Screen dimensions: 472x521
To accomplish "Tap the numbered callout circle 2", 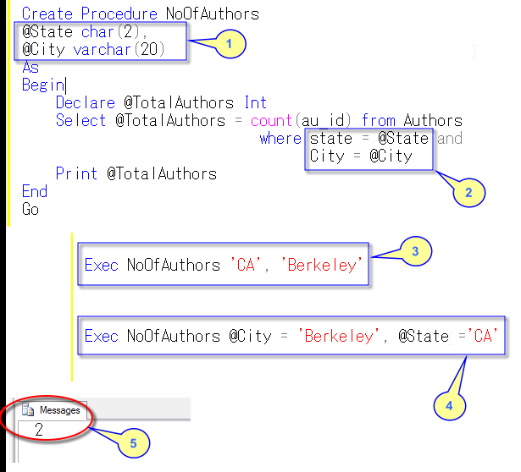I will coord(467,193).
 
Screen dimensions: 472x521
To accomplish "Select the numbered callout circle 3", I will coord(415,251).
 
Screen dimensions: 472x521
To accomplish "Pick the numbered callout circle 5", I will coord(133,442).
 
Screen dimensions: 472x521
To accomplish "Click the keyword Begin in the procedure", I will coord(43,85).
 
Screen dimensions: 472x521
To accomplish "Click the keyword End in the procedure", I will coord(35,191).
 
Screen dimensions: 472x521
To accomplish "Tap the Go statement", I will coord(30,209).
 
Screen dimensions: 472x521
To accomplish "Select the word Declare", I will coord(84,103).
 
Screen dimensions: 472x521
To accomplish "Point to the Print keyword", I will coord(77,174).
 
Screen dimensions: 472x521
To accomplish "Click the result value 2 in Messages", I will coord(39,430).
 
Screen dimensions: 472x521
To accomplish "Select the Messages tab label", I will coord(60,410).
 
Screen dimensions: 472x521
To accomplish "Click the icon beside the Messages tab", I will coord(30,410).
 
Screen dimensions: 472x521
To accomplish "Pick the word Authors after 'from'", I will coord(433,121).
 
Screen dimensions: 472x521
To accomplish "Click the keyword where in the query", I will coord(280,139).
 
